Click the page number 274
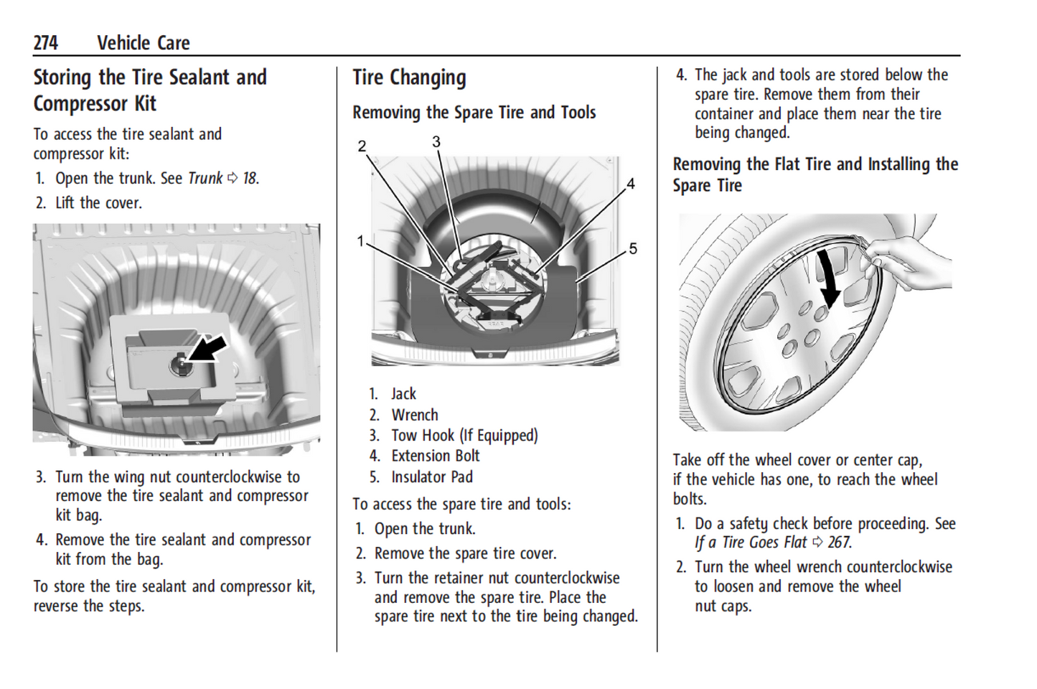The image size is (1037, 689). (x=45, y=43)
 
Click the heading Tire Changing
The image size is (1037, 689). (x=409, y=78)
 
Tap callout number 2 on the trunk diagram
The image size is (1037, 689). (x=362, y=146)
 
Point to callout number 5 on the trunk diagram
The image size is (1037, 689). (x=633, y=248)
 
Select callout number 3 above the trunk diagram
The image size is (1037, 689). (x=436, y=142)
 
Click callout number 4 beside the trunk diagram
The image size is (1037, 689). (x=631, y=184)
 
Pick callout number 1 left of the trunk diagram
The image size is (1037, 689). (x=361, y=241)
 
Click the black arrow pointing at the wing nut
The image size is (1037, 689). (x=207, y=349)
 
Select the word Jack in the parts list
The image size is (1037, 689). (x=403, y=394)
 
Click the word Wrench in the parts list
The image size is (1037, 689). (x=415, y=415)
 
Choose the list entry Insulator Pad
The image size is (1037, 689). (x=432, y=477)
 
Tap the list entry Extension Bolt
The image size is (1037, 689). (x=436, y=456)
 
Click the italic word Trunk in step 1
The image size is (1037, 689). (x=205, y=178)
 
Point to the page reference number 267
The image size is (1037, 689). (x=840, y=543)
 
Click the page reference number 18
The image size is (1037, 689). (x=250, y=178)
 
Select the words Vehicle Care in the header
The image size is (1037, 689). (x=144, y=43)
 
